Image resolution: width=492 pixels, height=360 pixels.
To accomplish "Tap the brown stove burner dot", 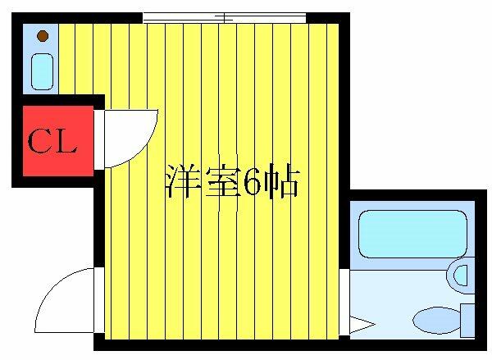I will click(41, 37).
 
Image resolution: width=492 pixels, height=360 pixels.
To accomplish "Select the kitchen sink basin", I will click(41, 71).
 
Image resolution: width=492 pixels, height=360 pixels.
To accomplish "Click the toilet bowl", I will click(431, 317).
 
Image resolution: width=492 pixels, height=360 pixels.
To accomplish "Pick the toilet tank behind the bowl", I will click(467, 318).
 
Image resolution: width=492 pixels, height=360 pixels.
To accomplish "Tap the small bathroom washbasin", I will click(462, 273).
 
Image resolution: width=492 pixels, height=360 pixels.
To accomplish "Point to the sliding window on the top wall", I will click(224, 16).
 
